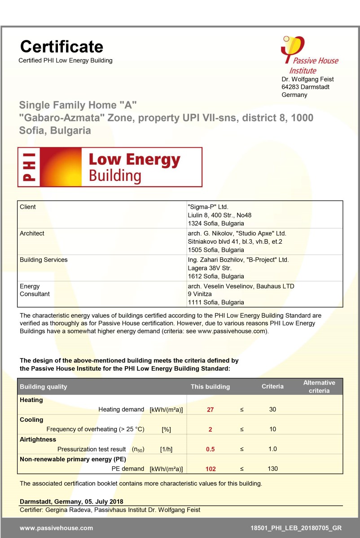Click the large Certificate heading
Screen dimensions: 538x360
61,47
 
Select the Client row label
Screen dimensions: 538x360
28,207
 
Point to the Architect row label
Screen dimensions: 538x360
32,233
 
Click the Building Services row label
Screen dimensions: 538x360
44,260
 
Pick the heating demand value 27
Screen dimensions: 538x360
210,410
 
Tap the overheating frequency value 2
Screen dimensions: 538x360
210,429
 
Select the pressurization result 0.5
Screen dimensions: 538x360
210,449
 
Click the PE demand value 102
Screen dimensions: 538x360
210,469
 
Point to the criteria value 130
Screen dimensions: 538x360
272,469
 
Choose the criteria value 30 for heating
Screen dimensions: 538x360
272,409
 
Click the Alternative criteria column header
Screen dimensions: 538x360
319,386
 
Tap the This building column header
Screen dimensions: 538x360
210,387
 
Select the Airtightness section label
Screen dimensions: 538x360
38,440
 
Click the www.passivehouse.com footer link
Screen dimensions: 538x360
56,528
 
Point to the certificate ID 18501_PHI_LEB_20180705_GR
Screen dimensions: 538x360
296,528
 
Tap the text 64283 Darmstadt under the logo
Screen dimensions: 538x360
305,87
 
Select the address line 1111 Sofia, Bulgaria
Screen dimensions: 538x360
215,302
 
